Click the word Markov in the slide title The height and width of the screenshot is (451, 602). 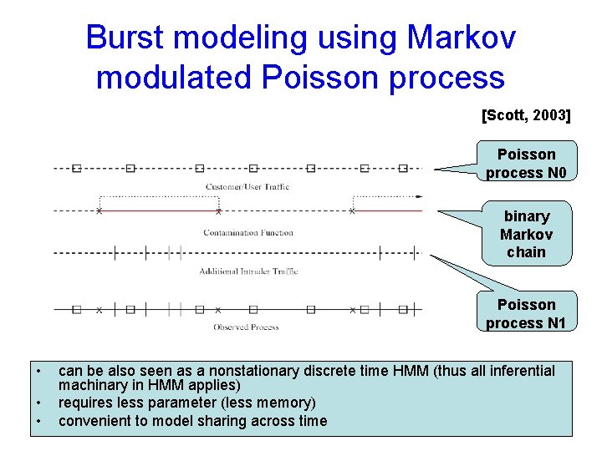tap(462, 38)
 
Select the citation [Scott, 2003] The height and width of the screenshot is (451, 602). tap(526, 115)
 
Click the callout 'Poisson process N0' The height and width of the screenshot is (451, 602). tap(526, 164)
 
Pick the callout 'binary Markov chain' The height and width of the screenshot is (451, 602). tap(526, 234)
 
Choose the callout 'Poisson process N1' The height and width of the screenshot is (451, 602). tap(526, 314)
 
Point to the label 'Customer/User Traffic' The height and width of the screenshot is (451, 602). tap(247, 186)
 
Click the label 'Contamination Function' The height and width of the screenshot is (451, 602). tap(248, 233)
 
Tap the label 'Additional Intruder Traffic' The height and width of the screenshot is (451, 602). tap(248, 271)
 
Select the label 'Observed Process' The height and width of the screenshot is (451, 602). tap(246, 327)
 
